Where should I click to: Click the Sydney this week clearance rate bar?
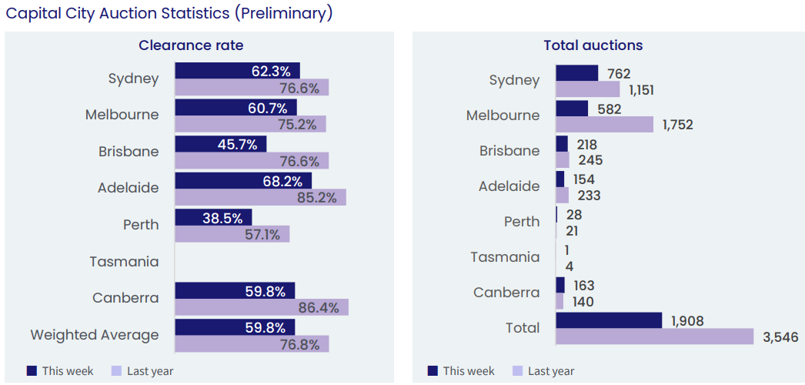coord(237,71)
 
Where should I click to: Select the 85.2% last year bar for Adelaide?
coord(260,198)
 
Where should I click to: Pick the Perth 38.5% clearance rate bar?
coord(213,217)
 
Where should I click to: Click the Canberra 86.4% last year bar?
coord(262,307)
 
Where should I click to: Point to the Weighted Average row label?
coord(95,335)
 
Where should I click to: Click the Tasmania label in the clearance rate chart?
coord(124,262)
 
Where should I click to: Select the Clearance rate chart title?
coord(191,45)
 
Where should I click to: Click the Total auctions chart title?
coord(593,45)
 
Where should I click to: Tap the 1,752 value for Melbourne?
coord(677,125)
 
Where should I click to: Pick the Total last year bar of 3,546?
coord(654,336)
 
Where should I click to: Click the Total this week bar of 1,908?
coord(609,320)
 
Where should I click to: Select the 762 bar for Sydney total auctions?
coord(576,73)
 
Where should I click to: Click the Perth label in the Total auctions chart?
coord(522,222)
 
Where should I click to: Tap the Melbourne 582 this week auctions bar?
coord(572,109)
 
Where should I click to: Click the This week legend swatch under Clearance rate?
coord(32,371)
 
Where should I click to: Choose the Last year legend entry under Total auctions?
coord(543,371)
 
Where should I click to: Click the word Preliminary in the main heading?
coord(286,13)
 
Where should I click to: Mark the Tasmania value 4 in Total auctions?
coord(569,266)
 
